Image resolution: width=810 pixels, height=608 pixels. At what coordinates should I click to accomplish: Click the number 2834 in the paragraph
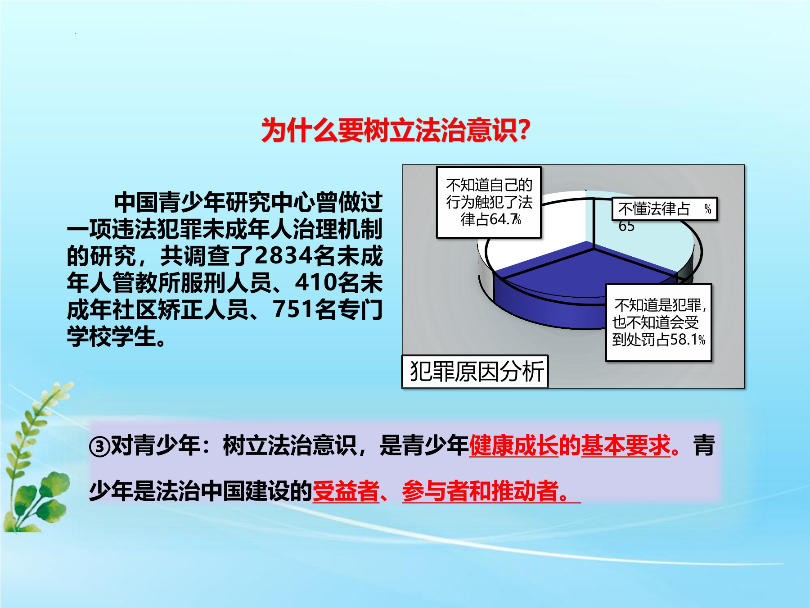[283, 256]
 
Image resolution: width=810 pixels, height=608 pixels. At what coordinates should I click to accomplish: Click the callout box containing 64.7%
[489, 202]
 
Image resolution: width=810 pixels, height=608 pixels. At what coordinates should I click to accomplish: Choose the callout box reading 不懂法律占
[664, 209]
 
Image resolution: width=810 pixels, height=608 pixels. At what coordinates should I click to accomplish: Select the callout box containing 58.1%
[659, 322]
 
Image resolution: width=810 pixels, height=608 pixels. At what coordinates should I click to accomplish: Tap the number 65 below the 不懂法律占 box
[626, 226]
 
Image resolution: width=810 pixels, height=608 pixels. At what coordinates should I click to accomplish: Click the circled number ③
[99, 446]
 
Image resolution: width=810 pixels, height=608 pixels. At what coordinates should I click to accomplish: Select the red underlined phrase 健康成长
[514, 446]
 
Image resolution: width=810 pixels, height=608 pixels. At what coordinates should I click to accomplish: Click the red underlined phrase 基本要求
[626, 446]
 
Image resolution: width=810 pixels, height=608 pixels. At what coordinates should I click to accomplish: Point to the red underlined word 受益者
[346, 491]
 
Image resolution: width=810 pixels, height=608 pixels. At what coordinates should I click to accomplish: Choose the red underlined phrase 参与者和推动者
[481, 491]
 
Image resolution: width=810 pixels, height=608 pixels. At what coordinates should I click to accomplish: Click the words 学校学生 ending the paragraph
[111, 336]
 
